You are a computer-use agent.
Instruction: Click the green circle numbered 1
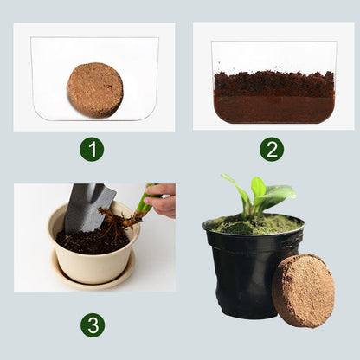coord(92,149)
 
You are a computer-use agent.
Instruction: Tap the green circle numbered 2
coord(272,149)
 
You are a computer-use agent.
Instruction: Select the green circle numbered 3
coord(93,325)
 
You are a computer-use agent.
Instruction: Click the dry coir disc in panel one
coord(95,90)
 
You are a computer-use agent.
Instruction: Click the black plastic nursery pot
coord(251,268)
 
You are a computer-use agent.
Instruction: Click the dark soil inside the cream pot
coord(93,241)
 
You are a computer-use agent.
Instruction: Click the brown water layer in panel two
coord(273,107)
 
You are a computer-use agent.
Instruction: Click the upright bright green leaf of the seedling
coord(258,188)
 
